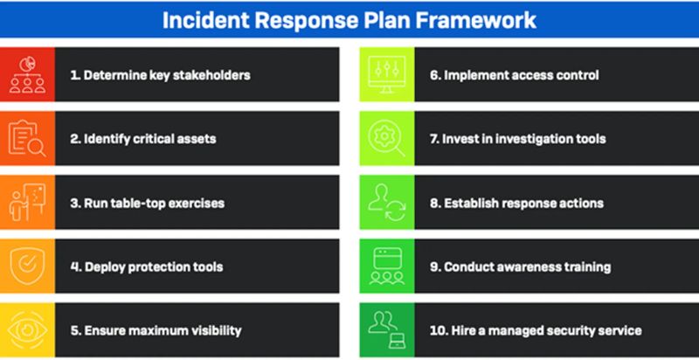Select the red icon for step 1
coord(26,75)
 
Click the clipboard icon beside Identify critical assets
coord(26,139)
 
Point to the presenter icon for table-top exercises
coord(26,203)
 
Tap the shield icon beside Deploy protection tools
coord(26,267)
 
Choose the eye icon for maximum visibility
coord(26,330)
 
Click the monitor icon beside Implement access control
coord(386,75)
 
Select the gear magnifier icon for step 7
coord(386,139)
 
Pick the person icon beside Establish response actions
coord(386,203)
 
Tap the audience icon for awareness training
coord(386,267)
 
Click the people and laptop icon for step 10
coord(386,330)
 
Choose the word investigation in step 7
coord(536,139)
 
